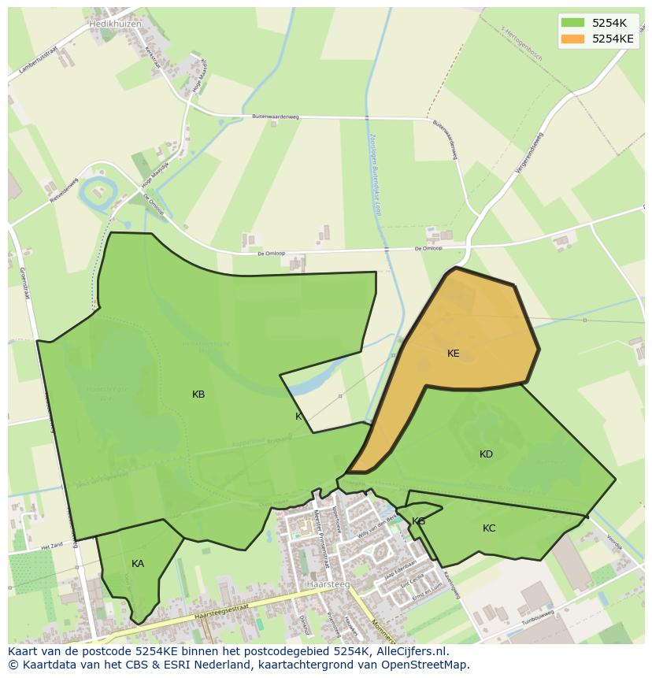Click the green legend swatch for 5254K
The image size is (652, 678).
572,23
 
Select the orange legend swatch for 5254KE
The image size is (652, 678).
572,39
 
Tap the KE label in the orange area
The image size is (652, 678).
453,354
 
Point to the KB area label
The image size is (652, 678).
198,395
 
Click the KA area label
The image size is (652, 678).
138,564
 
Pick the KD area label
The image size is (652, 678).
486,454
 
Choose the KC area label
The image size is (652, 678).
489,528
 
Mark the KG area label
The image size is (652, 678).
418,521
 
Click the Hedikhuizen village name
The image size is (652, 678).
115,24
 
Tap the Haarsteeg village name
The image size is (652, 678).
328,584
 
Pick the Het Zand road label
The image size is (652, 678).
52,545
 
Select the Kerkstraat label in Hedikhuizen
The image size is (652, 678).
152,55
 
